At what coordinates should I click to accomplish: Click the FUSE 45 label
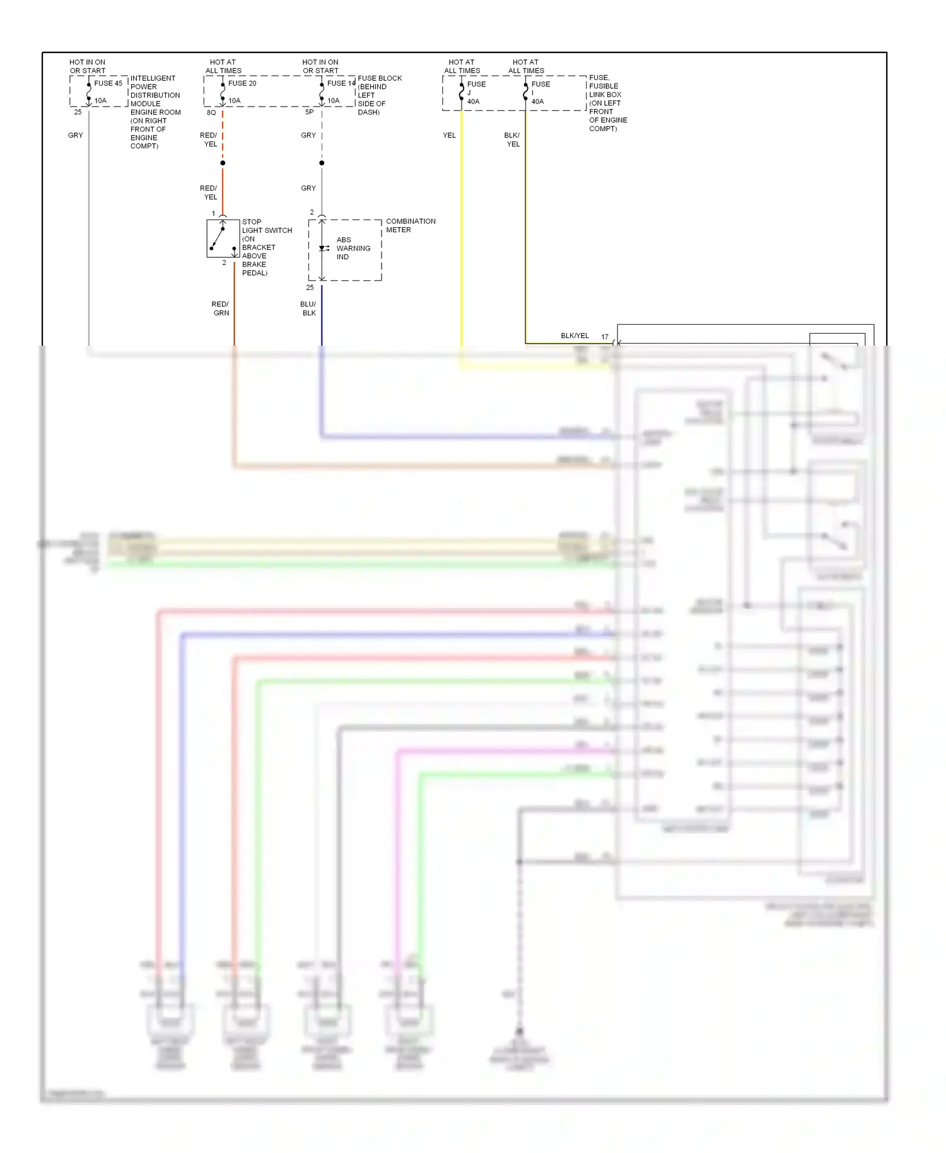[x=108, y=83]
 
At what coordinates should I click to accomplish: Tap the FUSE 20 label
[x=242, y=83]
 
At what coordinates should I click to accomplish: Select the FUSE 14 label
[x=341, y=83]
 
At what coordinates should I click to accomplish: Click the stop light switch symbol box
[x=223, y=238]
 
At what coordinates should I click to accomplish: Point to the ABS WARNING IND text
[x=353, y=249]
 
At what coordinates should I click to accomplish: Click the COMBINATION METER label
[x=410, y=226]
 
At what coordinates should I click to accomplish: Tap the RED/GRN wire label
[x=221, y=308]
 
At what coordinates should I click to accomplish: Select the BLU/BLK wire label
[x=308, y=308]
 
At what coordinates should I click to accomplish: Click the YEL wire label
[x=449, y=136]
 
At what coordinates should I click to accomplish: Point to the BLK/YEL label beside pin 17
[x=575, y=336]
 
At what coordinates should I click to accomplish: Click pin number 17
[x=605, y=337]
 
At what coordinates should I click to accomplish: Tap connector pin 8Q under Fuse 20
[x=211, y=113]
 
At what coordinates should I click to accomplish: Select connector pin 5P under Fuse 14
[x=309, y=112]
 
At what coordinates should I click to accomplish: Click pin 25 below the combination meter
[x=310, y=288]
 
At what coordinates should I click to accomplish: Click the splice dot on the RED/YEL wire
[x=223, y=163]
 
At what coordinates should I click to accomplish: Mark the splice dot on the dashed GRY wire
[x=322, y=163]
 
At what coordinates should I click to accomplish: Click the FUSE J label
[x=476, y=88]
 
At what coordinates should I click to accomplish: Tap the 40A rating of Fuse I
[x=537, y=102]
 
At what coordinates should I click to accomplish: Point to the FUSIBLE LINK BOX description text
[x=607, y=103]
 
